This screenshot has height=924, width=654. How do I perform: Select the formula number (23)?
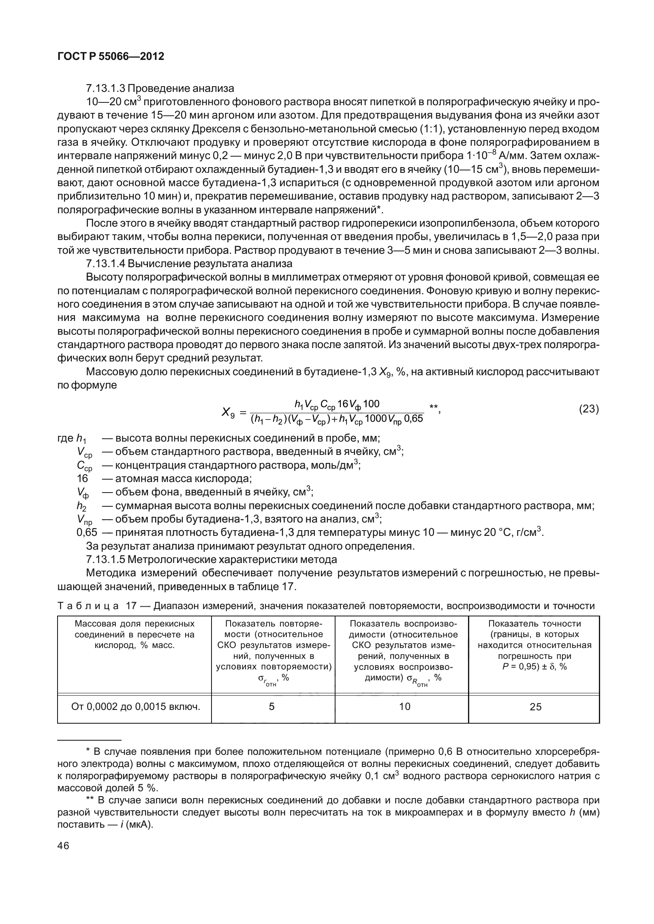click(588, 409)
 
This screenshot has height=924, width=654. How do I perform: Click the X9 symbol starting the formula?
click(228, 412)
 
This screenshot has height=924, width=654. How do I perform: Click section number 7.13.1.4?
click(105, 264)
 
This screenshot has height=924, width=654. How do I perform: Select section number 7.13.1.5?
click(105, 560)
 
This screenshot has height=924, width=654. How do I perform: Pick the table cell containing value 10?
click(404, 707)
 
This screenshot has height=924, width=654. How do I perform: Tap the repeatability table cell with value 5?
click(271, 707)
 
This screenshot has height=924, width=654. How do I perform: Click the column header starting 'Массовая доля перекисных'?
click(135, 624)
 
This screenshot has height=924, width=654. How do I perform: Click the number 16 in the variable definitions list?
click(82, 479)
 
